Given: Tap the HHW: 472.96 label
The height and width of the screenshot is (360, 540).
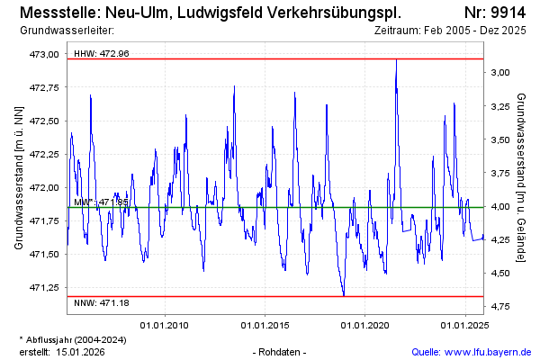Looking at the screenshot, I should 102,53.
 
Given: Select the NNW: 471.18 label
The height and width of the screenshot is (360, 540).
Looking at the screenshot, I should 102,301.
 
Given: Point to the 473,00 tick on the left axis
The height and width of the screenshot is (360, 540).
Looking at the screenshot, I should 45,55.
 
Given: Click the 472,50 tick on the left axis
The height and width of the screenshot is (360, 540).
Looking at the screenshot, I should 45,121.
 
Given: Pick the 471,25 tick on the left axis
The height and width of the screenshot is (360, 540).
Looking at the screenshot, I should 45,288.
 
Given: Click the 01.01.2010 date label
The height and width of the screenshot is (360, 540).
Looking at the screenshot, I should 164,325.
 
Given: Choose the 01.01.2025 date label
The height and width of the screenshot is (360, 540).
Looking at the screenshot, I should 464,325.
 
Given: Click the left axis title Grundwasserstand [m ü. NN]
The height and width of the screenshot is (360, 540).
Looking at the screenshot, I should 19,176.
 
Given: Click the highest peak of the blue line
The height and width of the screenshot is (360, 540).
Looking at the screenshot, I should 396,59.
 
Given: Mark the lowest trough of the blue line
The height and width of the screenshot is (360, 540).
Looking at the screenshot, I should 343,294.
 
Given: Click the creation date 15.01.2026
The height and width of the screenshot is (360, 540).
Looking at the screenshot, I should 80,351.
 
